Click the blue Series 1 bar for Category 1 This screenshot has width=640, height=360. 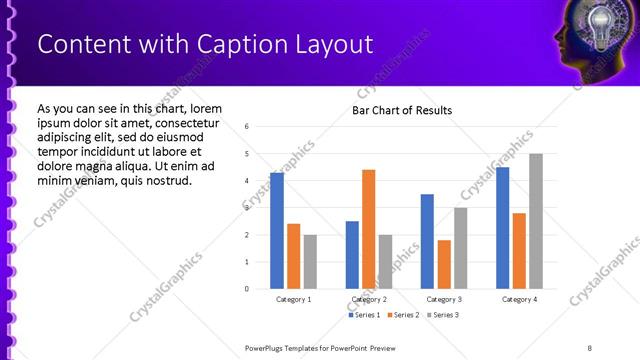coord(277,231)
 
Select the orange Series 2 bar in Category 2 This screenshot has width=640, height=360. coord(368,229)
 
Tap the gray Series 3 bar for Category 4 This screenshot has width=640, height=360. coord(536,221)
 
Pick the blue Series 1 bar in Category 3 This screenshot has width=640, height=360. coord(427,241)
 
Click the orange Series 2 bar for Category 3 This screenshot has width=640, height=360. coord(444,264)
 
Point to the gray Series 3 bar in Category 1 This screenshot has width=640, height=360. coord(310,262)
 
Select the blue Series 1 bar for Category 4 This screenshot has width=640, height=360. coord(502,228)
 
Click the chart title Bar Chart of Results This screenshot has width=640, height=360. coord(402,110)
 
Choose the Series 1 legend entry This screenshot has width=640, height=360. coord(364,315)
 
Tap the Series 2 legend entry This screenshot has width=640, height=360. coord(402,315)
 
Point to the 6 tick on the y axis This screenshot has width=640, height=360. coord(247,127)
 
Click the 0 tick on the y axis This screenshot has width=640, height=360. coord(247,289)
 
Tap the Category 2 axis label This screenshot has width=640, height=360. coord(369,299)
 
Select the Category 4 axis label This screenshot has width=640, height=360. coord(519,299)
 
